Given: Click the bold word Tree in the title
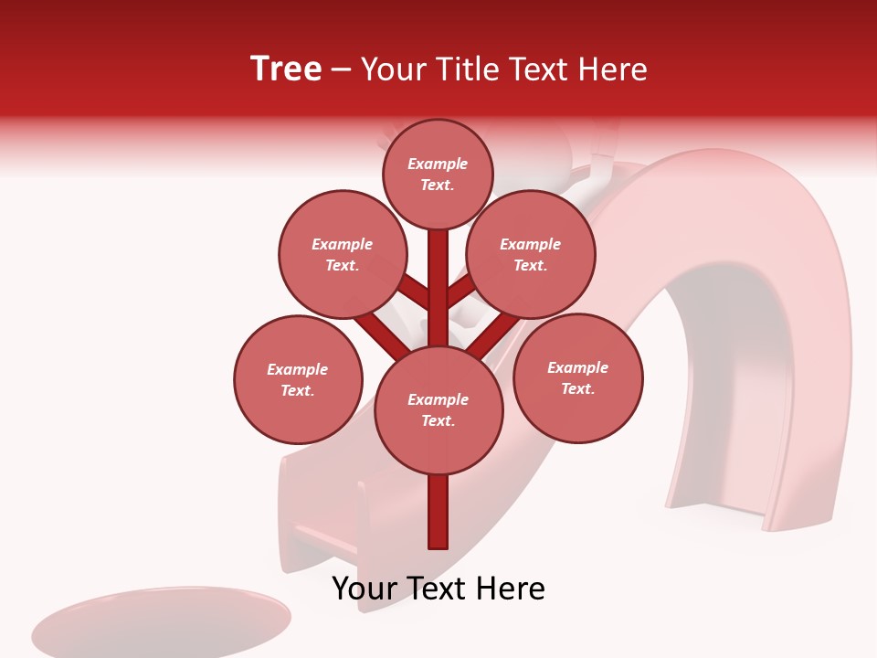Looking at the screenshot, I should coord(286,69).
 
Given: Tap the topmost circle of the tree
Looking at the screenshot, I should coord(438,174).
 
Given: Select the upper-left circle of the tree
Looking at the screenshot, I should coord(342,255).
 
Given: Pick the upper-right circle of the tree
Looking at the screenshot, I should coord(531,255).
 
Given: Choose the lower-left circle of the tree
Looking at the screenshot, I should coord(298,379).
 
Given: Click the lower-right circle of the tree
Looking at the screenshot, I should coord(577,377).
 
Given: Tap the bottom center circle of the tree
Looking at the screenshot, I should coord(438,409).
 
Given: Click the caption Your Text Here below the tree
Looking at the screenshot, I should coord(438,589).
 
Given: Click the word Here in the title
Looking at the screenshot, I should coord(614,69).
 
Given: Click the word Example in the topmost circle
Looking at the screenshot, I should coord(438,164).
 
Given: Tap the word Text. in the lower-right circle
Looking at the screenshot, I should coord(577,388).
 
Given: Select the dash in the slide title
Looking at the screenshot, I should coord(342,69).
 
